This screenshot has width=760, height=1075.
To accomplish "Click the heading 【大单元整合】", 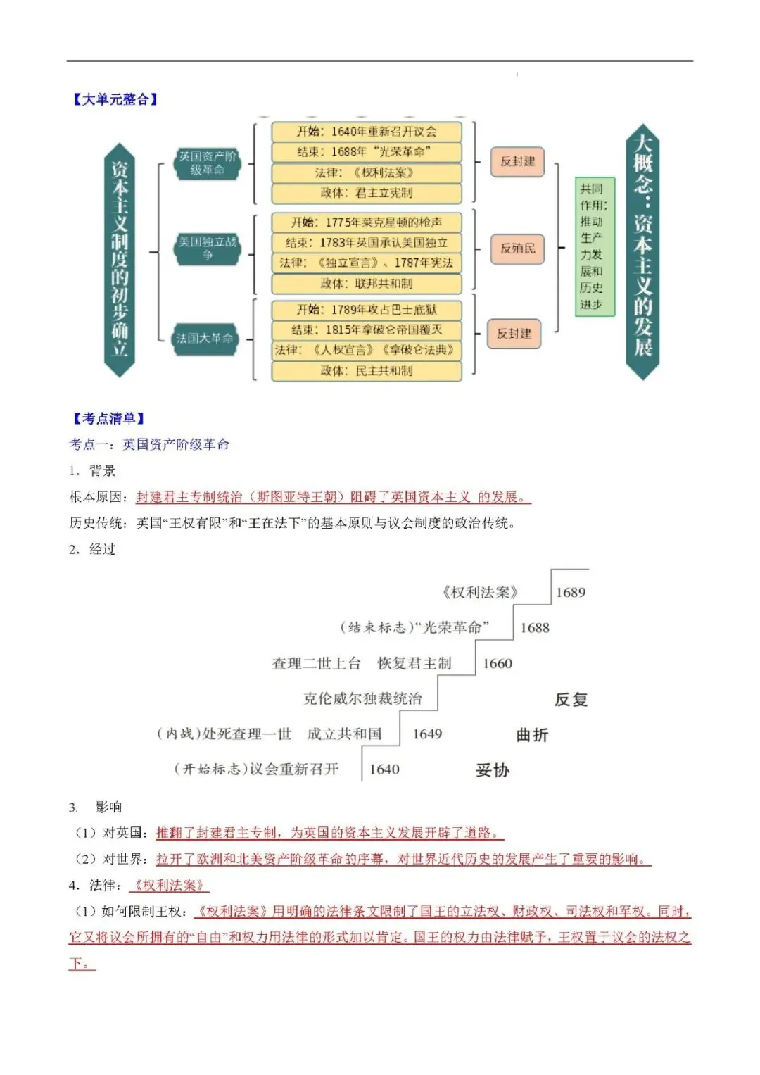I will click(x=115, y=99).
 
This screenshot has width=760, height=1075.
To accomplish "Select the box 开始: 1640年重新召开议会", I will click(x=367, y=132).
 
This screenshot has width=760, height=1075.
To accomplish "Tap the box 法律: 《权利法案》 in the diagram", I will click(x=367, y=172).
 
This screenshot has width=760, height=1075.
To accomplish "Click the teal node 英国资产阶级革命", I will click(x=207, y=163).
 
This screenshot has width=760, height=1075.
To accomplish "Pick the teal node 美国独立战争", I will click(x=207, y=248).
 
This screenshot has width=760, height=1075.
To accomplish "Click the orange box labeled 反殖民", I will click(x=517, y=249).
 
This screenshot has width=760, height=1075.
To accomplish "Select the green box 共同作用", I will click(x=592, y=246).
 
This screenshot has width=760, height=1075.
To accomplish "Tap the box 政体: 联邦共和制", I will click(x=367, y=283).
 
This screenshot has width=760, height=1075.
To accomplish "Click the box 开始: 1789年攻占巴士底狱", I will click(x=367, y=310).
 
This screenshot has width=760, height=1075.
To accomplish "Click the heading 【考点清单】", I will click(x=108, y=418).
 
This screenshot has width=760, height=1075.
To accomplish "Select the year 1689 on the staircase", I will click(x=570, y=593).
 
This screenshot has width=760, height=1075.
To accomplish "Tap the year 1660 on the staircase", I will click(x=497, y=664).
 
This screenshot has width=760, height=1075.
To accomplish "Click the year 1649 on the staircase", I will click(x=427, y=734).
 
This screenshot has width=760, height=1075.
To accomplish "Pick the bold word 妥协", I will click(x=492, y=770).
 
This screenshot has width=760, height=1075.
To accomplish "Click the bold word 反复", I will click(x=571, y=700).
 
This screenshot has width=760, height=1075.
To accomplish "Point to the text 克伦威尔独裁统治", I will click(x=362, y=699).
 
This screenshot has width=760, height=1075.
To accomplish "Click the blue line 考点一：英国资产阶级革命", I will click(x=149, y=444).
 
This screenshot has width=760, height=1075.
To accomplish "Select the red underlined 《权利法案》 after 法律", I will click(x=169, y=885).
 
